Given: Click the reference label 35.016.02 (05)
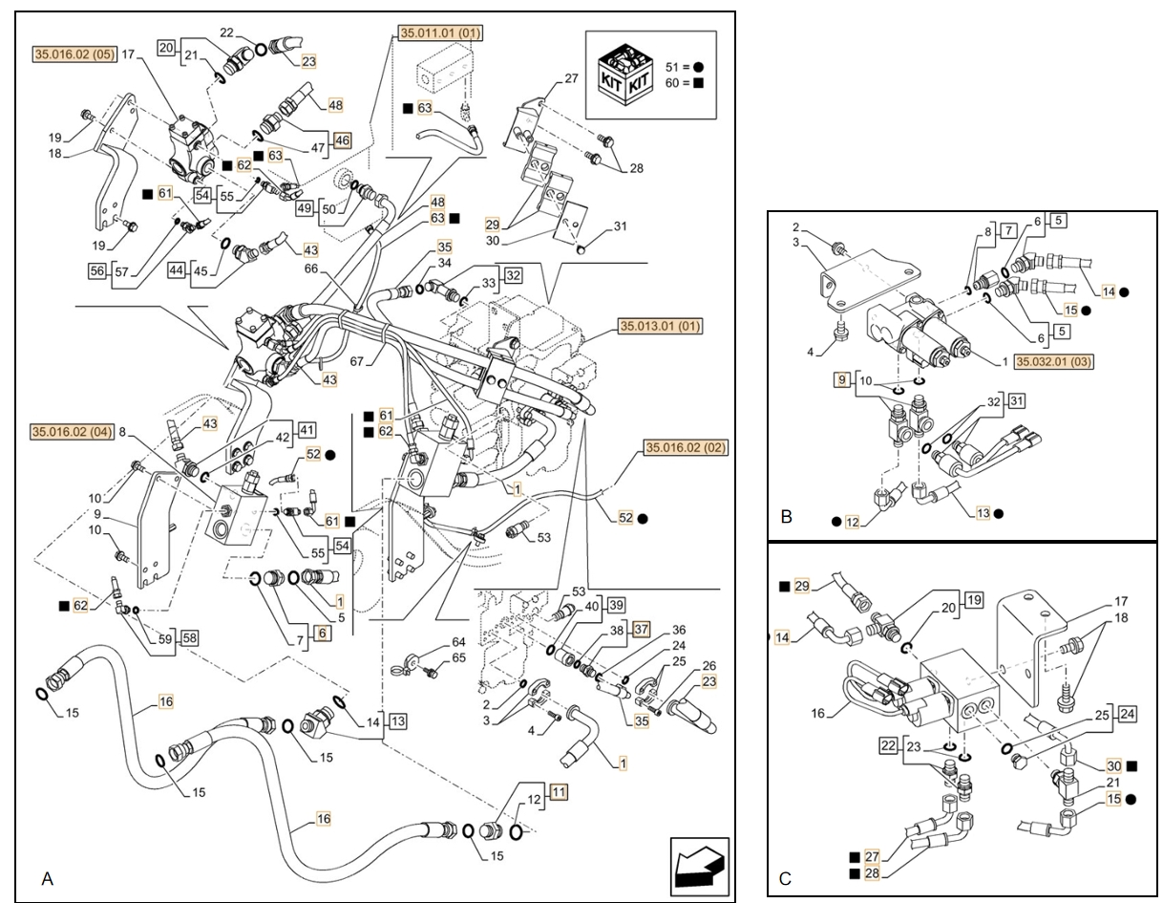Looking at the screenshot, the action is [x=74, y=54].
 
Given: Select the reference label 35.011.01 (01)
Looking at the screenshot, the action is [x=440, y=32].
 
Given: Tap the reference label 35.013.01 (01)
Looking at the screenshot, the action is [x=660, y=326].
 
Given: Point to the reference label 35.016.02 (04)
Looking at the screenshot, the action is [x=73, y=432].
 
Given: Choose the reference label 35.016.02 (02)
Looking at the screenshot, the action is [x=687, y=447].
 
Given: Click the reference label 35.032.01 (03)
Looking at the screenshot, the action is [x=1054, y=361].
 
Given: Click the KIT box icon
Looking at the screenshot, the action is [x=625, y=75].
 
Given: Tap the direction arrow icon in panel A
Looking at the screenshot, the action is [x=700, y=867].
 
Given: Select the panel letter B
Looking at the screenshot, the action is [x=786, y=517].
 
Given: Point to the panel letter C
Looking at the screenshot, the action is [x=785, y=879].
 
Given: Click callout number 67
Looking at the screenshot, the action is [x=357, y=361].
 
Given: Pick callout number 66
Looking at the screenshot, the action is [x=311, y=269].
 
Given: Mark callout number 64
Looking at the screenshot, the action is [x=458, y=641].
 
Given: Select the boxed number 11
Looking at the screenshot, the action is [x=559, y=791].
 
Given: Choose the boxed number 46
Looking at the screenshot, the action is [x=342, y=140].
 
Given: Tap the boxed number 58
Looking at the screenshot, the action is [x=189, y=638].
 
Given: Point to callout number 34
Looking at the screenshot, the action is [x=445, y=263].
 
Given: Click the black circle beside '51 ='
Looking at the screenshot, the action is [x=698, y=68].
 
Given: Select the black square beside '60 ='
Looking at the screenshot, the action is [x=698, y=83].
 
